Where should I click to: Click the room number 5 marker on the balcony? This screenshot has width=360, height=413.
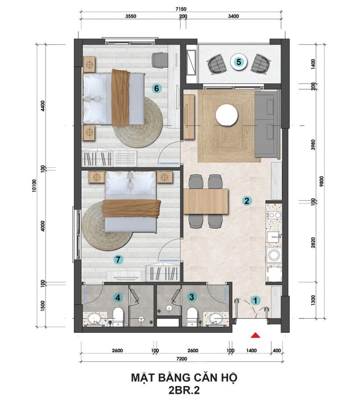point(239,62)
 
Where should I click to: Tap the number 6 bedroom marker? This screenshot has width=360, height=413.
point(156,88)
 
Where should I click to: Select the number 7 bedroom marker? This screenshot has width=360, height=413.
point(118,260)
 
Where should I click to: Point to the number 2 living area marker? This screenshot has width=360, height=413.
point(247,201)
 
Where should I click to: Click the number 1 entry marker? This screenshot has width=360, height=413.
point(255,300)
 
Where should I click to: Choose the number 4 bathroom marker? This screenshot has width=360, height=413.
point(118,298)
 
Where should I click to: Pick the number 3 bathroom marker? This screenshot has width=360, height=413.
point(192,297)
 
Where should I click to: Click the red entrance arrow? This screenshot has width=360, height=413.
point(255,335)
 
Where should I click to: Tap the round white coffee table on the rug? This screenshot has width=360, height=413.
point(227,115)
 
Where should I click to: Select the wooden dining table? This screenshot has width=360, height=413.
point(206,201)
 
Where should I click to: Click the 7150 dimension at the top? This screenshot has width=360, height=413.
point(181,9)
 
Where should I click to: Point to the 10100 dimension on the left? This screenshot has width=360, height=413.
point(34,186)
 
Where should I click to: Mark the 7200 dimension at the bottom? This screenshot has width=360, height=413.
point(181,359)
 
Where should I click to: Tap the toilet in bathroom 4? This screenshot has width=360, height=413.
point(118,317)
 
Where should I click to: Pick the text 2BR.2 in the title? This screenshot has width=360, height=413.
point(184,390)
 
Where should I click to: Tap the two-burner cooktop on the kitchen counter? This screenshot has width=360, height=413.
point(274,215)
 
